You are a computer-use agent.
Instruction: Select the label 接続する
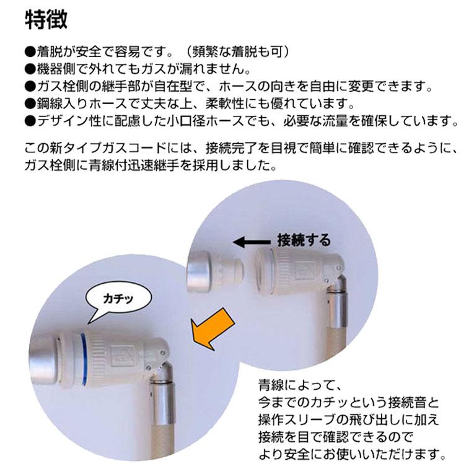pyautogui.click(x=304, y=240)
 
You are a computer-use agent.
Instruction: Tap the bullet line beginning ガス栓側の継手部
pyautogui.click(x=227, y=85)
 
